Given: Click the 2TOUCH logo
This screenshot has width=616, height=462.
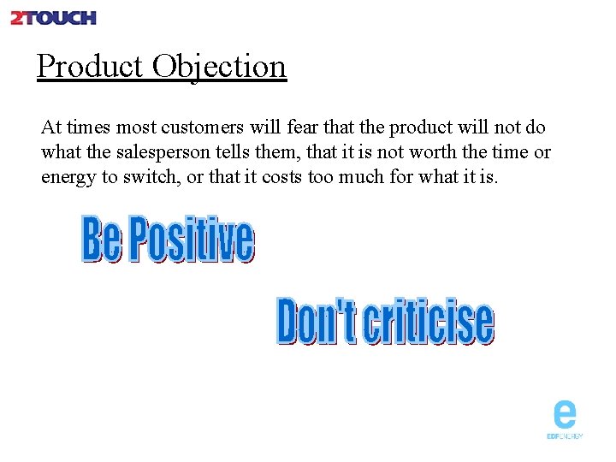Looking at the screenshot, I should (x=53, y=17).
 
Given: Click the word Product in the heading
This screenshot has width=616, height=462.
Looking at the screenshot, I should (x=90, y=66).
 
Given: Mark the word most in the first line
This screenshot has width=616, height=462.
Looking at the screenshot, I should (x=136, y=127).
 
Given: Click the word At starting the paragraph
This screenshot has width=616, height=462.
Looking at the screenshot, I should (x=51, y=127).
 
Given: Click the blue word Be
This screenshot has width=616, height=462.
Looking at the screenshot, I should (x=101, y=240).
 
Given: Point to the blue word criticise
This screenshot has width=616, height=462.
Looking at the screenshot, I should (x=428, y=322).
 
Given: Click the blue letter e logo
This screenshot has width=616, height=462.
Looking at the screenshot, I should (x=565, y=415).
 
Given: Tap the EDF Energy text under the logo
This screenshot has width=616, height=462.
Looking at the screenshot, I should (x=565, y=436).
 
